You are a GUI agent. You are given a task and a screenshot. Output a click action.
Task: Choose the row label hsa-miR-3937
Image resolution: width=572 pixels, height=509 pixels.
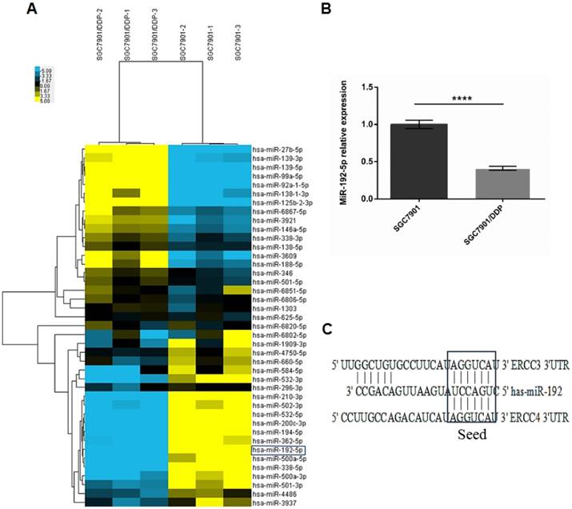click(x=274, y=502)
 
